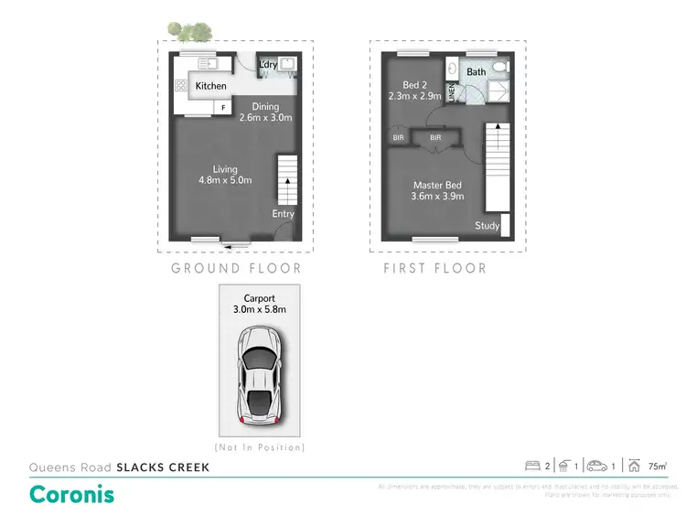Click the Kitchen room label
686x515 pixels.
[210, 86]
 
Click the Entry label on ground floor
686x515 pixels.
[283, 214]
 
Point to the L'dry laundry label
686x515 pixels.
[268, 65]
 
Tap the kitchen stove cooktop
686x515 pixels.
[180, 86]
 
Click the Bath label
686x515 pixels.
[476, 71]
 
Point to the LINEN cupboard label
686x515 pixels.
[451, 92]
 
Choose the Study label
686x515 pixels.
[486, 226]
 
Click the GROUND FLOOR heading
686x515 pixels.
[236, 268]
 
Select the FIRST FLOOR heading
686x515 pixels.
[434, 268]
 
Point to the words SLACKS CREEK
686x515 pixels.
[163, 467]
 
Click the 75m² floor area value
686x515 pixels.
[657, 467]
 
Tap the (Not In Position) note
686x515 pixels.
[261, 447]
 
